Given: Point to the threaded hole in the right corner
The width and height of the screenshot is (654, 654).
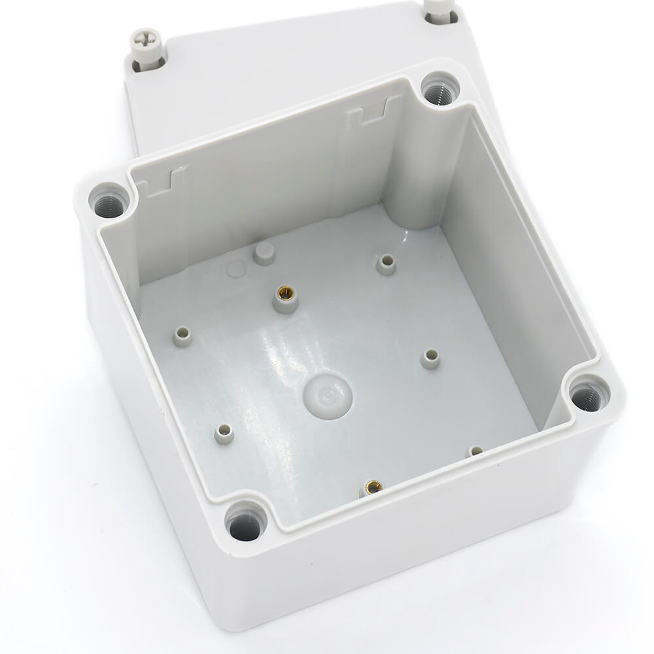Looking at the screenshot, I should (x=587, y=396).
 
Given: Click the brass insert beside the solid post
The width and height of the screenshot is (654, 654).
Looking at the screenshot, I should (x=285, y=296).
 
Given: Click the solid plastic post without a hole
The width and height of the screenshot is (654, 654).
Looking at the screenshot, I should (x=264, y=252).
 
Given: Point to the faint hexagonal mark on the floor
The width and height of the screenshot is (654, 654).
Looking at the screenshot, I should (x=235, y=269).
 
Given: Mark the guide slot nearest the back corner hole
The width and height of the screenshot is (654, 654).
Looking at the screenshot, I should (x=373, y=112).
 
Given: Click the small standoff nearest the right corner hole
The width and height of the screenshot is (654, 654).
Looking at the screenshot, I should (x=476, y=451).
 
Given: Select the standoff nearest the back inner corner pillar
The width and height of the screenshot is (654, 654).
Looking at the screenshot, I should (x=387, y=263).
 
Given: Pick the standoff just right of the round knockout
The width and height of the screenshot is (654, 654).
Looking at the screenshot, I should (x=430, y=357).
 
